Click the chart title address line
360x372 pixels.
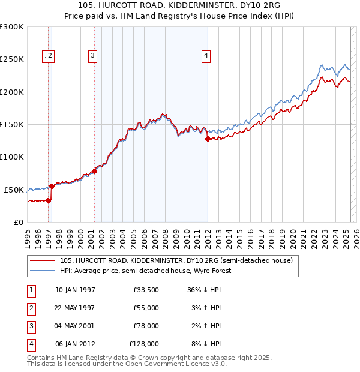pos(179,5)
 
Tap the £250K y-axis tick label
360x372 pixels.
pos(12,59)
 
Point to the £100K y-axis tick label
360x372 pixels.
pos(12,157)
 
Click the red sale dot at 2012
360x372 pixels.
pos(208,139)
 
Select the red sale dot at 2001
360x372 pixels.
pos(94,172)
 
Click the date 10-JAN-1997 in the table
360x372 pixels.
pos(75,290)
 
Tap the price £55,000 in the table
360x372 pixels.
pos(146,308)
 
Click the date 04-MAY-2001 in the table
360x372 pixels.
pos(75,326)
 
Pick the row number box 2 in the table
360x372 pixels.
pos(31,308)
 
